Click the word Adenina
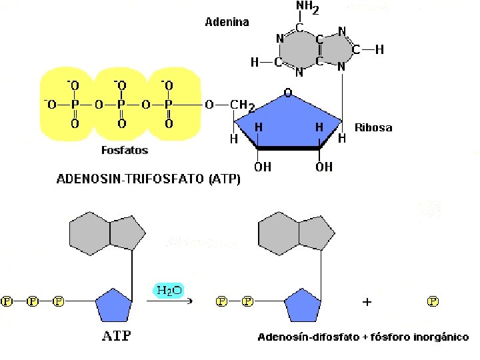coord(227,22)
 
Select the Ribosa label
coord(373,127)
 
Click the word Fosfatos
coord(125,150)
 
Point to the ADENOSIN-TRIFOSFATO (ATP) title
coord(149,179)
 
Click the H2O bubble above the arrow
coord(169,290)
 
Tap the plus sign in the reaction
coord(367,302)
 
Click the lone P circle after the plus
coord(433,301)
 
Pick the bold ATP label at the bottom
coord(116,336)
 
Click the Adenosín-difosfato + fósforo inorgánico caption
coord(363,337)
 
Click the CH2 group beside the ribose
coord(239,105)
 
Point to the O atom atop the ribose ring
coord(288,93)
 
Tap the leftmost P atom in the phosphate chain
coord(74,105)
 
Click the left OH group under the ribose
coord(263,167)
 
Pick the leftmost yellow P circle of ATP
coord(7,301)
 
